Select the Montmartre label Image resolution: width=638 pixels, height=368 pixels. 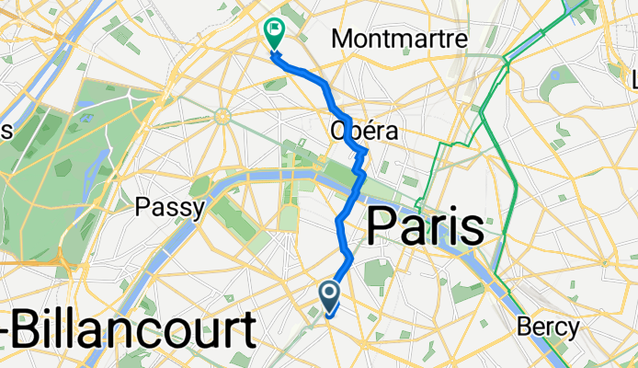[400, 40]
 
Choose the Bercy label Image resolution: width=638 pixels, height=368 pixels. [549, 328]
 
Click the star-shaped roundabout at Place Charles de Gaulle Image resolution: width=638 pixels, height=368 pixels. [222, 116]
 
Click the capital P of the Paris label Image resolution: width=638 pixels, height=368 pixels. [382, 226]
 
